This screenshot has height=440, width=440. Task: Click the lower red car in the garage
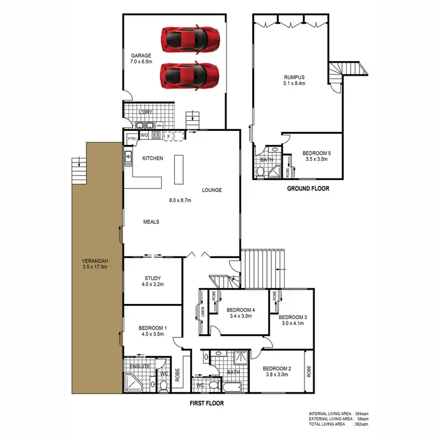pyautogui.click(x=190, y=75)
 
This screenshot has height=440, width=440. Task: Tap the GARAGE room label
pyautogui.click(x=141, y=56)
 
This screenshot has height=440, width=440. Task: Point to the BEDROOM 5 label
pyautogui.click(x=317, y=153)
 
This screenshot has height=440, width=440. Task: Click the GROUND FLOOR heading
pyautogui.click(x=308, y=189)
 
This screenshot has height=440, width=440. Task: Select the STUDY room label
pyautogui.click(x=153, y=279)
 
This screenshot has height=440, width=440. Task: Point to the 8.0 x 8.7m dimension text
pyautogui.click(x=180, y=201)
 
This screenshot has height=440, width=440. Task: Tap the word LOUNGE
pyautogui.click(x=212, y=190)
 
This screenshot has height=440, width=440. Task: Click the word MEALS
pyautogui.click(x=151, y=222)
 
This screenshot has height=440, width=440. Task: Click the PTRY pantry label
pyautogui.click(x=132, y=138)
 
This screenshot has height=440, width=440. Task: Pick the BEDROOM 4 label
pyautogui.click(x=240, y=310)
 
